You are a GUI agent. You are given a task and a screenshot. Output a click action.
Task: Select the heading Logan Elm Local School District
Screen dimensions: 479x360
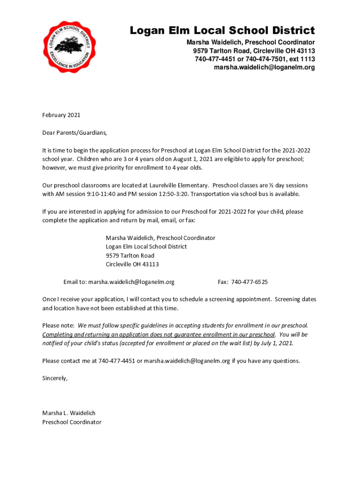click(x=222, y=31)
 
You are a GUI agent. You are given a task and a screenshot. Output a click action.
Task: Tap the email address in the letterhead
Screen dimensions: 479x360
click(x=264, y=67)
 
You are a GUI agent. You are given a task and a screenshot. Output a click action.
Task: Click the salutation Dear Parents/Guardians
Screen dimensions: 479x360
click(x=75, y=132)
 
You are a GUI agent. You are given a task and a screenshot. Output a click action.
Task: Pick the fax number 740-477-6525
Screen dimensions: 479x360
click(x=249, y=282)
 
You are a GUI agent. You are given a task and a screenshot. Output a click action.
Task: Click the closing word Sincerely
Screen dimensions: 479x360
click(x=55, y=378)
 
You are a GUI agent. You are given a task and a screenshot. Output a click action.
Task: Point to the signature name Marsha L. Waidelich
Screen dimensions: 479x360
click(x=69, y=413)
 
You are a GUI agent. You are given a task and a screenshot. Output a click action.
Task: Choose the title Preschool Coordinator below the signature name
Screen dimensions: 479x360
click(x=72, y=422)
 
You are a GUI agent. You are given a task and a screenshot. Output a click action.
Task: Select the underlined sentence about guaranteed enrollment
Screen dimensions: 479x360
click(x=158, y=334)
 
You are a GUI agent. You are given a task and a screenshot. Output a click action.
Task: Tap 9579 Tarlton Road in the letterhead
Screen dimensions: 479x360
click(x=216, y=51)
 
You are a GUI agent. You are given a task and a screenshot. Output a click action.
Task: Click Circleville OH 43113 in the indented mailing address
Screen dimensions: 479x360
click(x=132, y=264)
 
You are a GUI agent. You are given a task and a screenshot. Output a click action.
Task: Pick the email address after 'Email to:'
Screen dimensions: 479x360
click(x=131, y=282)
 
